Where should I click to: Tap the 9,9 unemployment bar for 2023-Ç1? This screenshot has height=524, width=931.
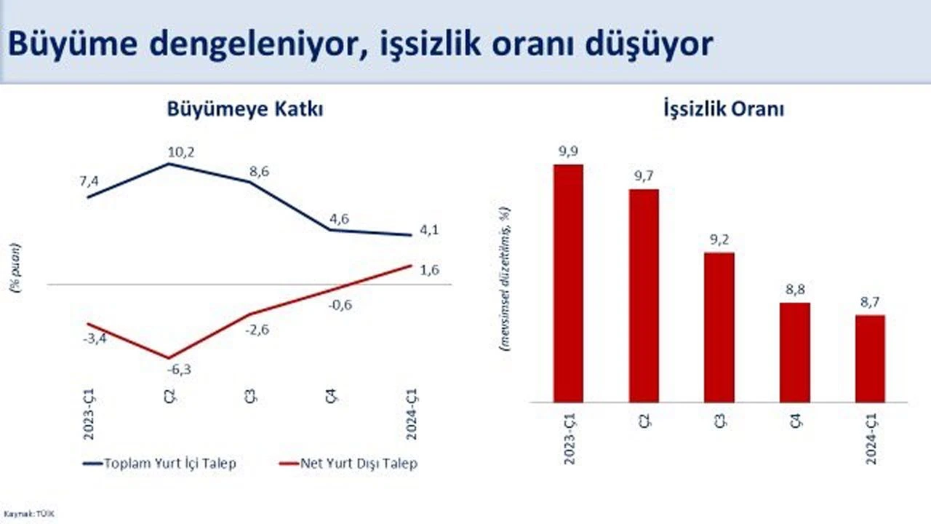point(568,283)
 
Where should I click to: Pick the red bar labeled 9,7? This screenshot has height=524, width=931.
point(644,295)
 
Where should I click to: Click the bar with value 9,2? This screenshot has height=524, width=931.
point(719,327)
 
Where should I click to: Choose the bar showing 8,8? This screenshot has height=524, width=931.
point(795,352)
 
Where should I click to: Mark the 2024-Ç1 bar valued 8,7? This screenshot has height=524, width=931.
point(870,358)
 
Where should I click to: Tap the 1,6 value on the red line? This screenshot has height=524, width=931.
point(430,270)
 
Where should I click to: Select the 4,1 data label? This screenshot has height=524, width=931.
point(429,230)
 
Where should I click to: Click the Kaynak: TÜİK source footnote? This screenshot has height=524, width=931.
point(30,514)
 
